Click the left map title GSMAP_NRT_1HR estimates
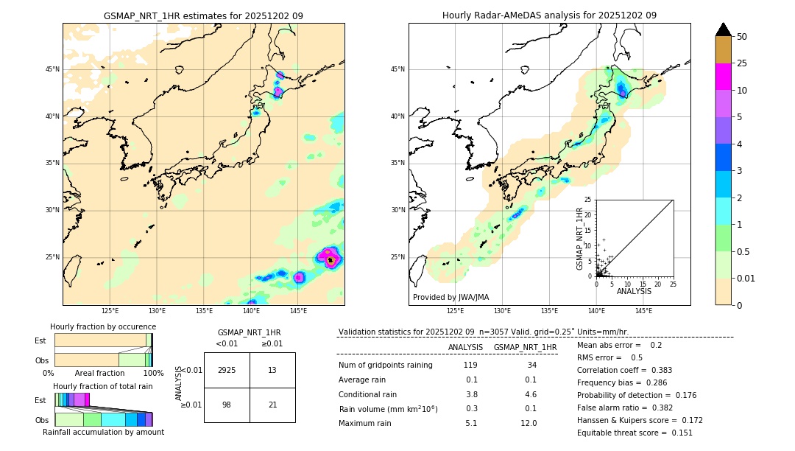(x=203, y=15)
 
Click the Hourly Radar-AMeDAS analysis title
(x=549, y=15)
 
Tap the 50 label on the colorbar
(x=742, y=37)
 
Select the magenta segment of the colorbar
(x=723, y=77)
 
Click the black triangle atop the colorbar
(x=723, y=29)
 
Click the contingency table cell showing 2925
(x=227, y=370)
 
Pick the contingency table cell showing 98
(x=227, y=405)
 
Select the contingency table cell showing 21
(x=272, y=405)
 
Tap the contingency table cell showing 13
(x=272, y=370)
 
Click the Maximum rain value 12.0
(x=529, y=423)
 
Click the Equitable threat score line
(x=635, y=433)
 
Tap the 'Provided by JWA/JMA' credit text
(x=451, y=297)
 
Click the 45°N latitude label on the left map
(x=52, y=69)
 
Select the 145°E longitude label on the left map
(x=298, y=312)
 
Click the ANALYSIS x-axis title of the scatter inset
(x=634, y=291)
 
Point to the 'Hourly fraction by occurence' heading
(x=103, y=326)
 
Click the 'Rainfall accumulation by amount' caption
(x=103, y=432)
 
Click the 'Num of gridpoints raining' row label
(x=385, y=366)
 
